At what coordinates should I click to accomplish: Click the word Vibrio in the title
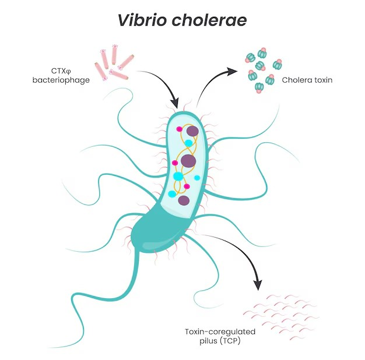click(142, 20)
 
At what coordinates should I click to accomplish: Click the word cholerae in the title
click(209, 20)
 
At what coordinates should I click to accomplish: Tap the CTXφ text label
click(61, 70)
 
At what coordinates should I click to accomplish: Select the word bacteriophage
click(61, 80)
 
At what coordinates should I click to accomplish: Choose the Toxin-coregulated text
click(220, 332)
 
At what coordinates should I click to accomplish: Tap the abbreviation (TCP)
click(230, 341)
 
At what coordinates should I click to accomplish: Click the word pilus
click(208, 341)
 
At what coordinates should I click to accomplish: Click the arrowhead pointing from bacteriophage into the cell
click(174, 103)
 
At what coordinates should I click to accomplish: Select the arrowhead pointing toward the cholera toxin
click(232, 72)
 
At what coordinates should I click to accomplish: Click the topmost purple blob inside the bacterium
click(192, 131)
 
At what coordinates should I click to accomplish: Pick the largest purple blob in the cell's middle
click(188, 161)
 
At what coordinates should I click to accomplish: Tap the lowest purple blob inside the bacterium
click(184, 200)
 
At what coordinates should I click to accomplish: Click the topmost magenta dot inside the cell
click(179, 129)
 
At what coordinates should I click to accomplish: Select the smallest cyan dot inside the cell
click(197, 178)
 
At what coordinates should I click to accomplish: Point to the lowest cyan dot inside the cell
click(172, 194)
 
